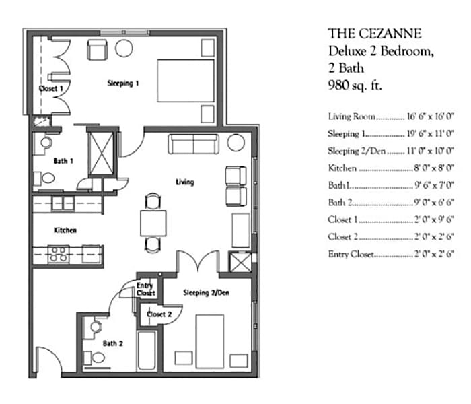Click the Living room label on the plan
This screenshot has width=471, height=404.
coord(184,182)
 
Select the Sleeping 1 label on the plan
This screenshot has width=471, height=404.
coord(123,83)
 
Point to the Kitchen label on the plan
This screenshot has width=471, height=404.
coord(65,230)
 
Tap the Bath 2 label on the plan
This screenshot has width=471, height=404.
coord(112,343)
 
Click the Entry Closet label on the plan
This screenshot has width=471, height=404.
coord(145,290)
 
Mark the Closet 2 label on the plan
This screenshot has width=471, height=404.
coord(159,314)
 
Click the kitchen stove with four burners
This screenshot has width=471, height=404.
coord(59,254)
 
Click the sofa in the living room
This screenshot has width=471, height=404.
coord(193,143)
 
